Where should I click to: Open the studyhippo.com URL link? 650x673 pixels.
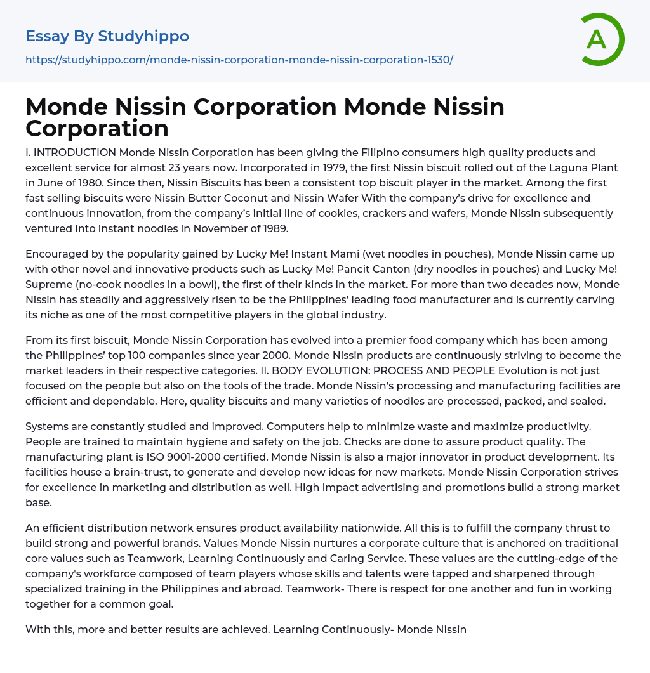coord(239,60)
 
